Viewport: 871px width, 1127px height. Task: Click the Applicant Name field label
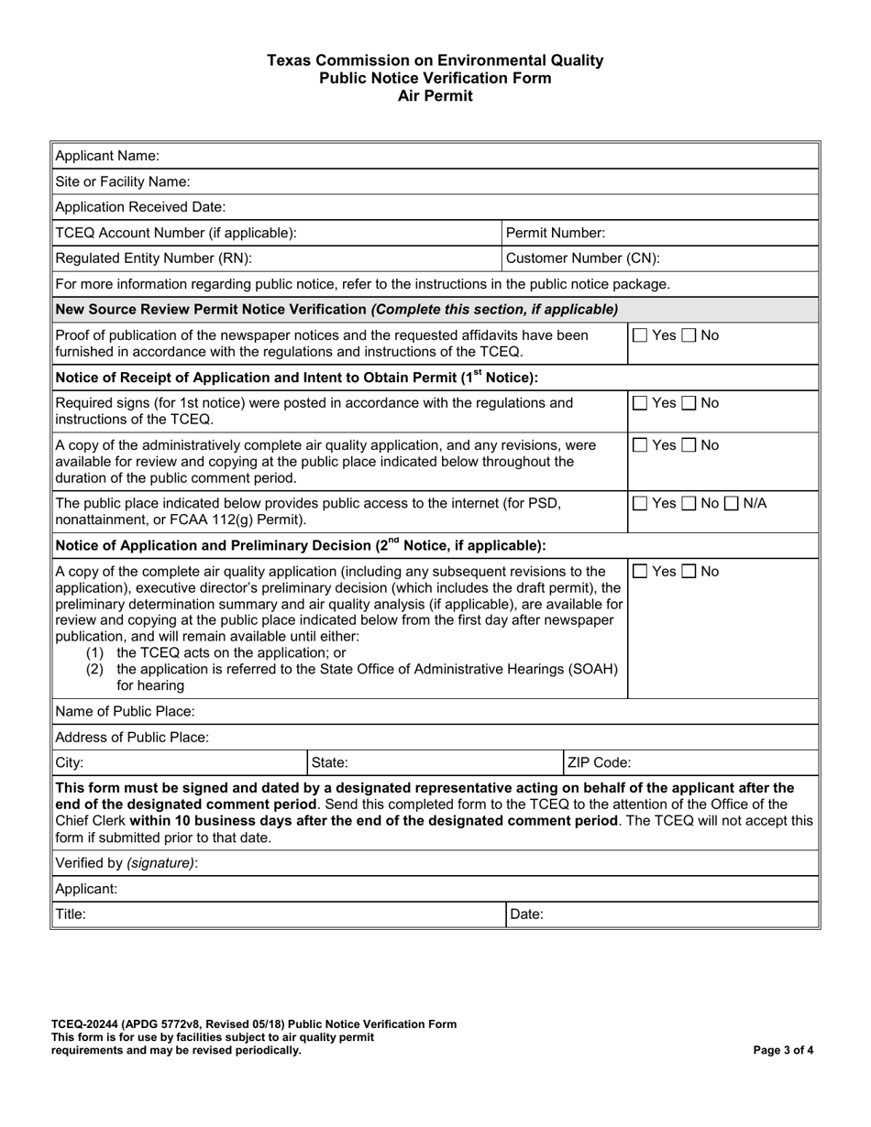point(107,156)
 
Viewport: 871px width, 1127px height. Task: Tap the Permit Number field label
point(556,233)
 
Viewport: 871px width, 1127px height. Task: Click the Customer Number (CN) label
point(582,258)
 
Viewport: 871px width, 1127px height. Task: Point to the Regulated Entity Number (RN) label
point(153,258)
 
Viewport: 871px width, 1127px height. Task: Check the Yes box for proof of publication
point(641,336)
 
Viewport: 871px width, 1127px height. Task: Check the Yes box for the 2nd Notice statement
point(641,573)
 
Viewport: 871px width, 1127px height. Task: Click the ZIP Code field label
point(600,762)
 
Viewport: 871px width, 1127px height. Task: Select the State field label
point(330,762)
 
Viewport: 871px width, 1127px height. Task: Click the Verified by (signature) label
point(127,863)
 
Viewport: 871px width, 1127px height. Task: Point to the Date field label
point(527,914)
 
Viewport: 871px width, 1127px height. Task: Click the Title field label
point(71,914)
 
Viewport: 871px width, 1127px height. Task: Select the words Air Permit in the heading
point(435,95)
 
